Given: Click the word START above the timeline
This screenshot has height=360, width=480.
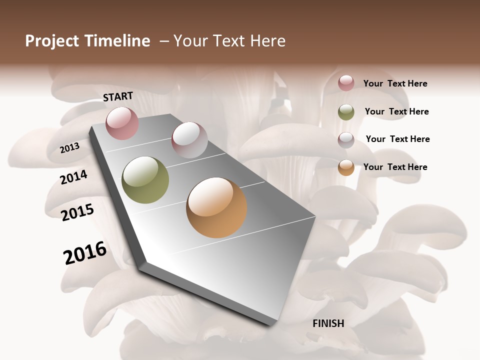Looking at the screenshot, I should coord(118,96).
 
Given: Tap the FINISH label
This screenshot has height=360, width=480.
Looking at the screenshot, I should coord(328,323).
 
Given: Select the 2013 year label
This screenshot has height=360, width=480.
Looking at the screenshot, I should coord(70,148).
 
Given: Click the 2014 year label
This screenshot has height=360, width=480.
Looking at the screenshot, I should coord(74,177).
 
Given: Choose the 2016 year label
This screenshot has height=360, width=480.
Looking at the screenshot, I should coord(85,253).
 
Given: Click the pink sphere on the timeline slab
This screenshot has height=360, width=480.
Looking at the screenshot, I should coord(122,123).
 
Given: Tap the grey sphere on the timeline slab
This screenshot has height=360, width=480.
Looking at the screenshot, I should coord(189,140).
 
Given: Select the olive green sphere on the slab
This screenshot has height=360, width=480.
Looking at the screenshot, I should coord(145,179).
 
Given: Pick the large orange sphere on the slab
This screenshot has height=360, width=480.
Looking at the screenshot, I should coord(216,207).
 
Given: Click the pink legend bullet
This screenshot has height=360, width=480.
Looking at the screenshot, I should coord(346,83).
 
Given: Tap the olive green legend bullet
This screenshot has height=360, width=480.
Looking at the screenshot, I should coord(346,112).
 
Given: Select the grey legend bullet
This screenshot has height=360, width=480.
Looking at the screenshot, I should coord(346,140).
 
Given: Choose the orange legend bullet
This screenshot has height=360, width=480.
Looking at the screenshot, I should coord(346,167).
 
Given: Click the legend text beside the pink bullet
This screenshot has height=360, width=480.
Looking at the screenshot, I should coord(395,83).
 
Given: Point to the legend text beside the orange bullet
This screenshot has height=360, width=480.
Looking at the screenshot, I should coord(395,167).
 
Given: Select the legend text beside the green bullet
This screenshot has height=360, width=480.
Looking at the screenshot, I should coord(396,111).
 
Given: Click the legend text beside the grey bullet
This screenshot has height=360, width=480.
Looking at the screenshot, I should coord(397,139).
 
